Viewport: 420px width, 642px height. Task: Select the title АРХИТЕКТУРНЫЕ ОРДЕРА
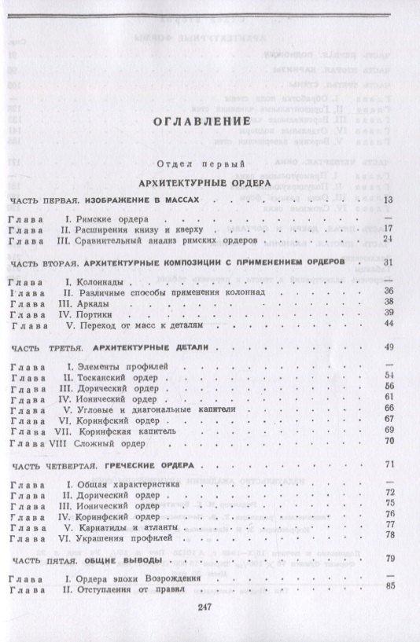click(208, 182)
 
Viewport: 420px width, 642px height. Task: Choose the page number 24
click(387, 239)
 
